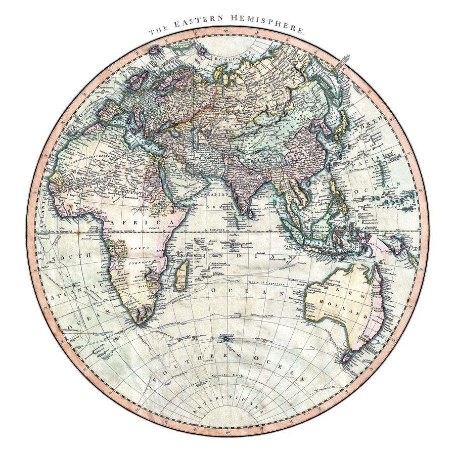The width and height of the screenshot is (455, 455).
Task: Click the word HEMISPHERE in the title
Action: point(268,24)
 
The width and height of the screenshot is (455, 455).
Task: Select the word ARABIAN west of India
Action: point(217,194)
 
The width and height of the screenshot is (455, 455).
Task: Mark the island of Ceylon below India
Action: point(249,212)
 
